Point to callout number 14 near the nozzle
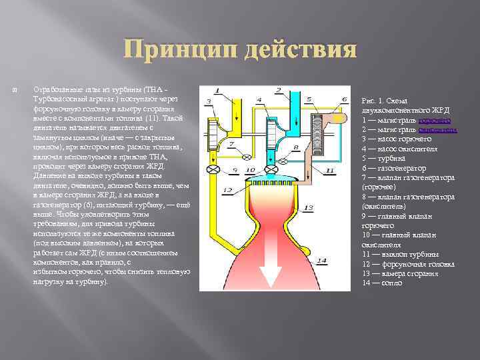pos(322,259)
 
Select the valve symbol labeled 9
pos(214,171)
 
